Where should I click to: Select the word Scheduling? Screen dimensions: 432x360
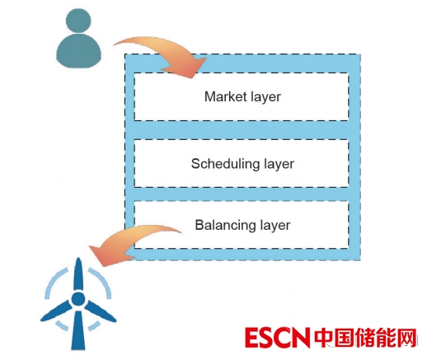click(225, 164)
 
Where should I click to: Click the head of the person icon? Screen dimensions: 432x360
click(78, 21)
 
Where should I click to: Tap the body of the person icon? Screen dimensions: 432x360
click(78, 51)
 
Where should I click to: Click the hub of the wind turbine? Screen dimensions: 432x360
click(78, 299)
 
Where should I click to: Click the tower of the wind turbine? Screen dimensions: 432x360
click(78, 330)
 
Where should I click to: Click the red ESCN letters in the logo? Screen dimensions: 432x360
click(276, 338)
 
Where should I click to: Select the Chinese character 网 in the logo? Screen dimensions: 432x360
click(405, 338)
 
